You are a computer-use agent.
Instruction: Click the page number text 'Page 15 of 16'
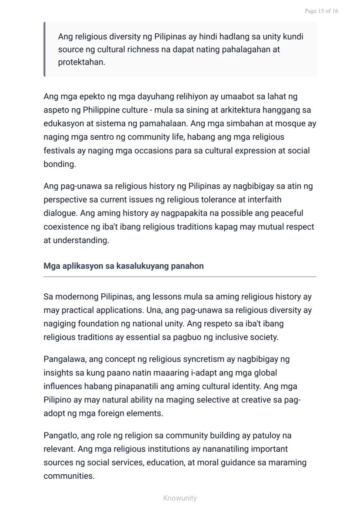coord(321,11)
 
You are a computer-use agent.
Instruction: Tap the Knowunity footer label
coord(180,498)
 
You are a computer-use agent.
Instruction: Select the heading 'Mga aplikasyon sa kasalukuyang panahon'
coord(123,266)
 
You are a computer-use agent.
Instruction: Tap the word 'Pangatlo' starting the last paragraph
coord(60,436)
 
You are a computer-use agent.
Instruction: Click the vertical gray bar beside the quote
coord(44,49)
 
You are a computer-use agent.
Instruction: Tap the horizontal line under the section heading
coord(180,276)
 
